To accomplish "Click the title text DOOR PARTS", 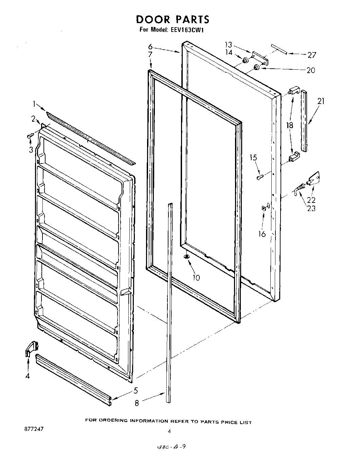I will [x=173, y=19].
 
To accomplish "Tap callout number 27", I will [x=311, y=55].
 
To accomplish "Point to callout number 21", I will [x=321, y=101].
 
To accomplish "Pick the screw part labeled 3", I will [x=29, y=136].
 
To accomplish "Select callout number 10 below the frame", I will [x=196, y=278].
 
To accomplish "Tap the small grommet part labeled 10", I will [x=186, y=257].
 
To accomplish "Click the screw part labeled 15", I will [x=260, y=177].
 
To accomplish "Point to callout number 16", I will [x=262, y=234].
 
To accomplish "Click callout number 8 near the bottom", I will [x=137, y=403].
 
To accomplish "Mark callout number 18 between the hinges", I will [x=290, y=125].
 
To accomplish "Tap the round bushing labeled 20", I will [x=257, y=67].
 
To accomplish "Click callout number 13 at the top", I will [x=228, y=45].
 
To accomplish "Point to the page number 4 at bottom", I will [x=168, y=431].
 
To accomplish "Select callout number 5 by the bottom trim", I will [x=136, y=390].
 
